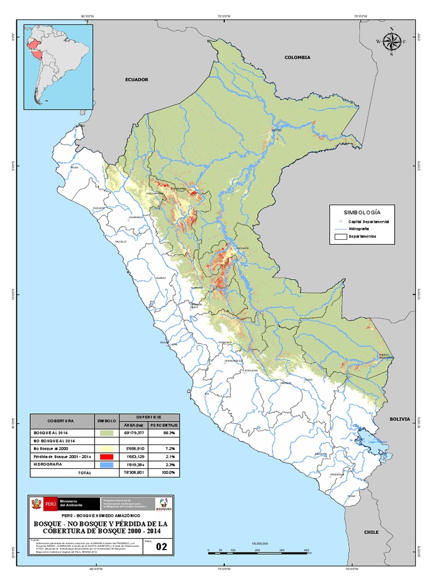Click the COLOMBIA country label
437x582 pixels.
tap(298, 57)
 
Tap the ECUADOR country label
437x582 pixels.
tap(137, 80)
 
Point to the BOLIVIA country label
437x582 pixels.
tap(399, 418)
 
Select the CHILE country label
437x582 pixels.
tap(371, 532)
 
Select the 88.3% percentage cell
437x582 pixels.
tap(163, 433)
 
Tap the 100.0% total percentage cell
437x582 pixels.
tap(163, 472)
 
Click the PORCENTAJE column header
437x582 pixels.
tap(163, 425)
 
